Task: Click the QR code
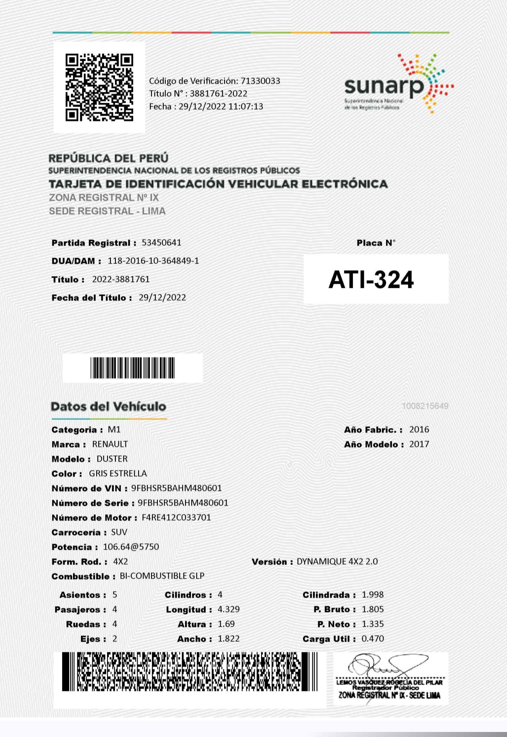tap(99, 87)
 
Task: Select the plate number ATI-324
tap(371, 280)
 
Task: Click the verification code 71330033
tap(260, 81)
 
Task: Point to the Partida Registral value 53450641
tap(162, 243)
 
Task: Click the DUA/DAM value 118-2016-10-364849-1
tap(153, 261)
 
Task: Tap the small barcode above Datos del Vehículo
tap(133, 368)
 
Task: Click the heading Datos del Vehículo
tap(108, 406)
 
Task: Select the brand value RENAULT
tap(110, 444)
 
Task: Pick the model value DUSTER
tap(112, 459)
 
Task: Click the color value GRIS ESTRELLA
tap(118, 473)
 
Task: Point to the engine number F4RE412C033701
tap(176, 517)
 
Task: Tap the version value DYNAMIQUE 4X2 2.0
tap(337, 562)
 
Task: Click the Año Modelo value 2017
tap(419, 444)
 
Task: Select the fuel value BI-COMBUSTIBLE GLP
tap(162, 576)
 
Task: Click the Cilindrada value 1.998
tap(373, 595)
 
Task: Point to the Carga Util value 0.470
tap(373, 639)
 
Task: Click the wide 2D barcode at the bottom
tap(190, 672)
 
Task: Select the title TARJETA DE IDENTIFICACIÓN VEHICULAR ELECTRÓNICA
tap(218, 184)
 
